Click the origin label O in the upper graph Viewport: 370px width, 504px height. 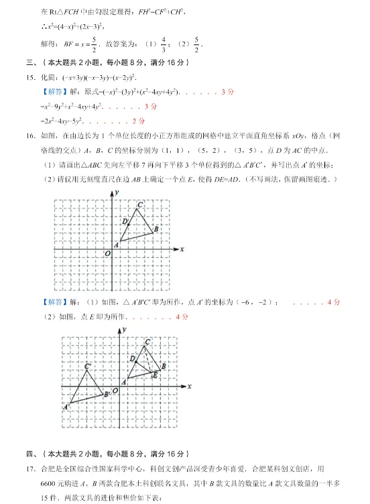pyautogui.click(x=107, y=254)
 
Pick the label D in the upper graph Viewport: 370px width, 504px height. pyautogui.click(x=124, y=220)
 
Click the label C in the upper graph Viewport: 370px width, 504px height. pyautogui.click(x=139, y=204)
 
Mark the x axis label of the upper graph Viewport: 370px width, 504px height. pyautogui.click(x=182, y=249)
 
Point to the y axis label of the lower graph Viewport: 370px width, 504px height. pyautogui.click(x=125, y=329)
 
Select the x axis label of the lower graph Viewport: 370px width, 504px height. pyautogui.click(x=190, y=386)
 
